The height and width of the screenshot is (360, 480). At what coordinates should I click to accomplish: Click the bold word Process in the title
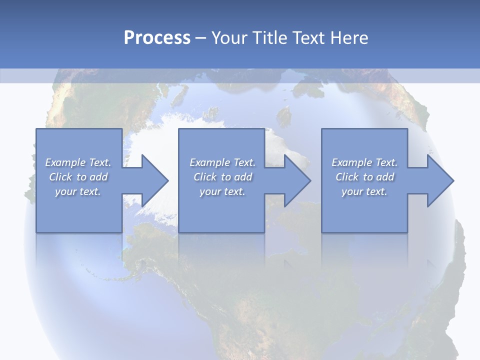157,38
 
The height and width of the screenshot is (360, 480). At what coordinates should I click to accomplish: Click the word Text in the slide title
309,38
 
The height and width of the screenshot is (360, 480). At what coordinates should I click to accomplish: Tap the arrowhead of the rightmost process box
439,180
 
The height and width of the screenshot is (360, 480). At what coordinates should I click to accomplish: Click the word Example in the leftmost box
65,162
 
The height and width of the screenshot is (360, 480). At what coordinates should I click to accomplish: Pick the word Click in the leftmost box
60,177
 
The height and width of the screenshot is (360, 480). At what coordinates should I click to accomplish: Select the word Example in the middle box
209,162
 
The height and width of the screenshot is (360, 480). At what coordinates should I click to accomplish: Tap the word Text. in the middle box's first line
243,162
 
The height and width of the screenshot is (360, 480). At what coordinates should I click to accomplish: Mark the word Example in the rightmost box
351,162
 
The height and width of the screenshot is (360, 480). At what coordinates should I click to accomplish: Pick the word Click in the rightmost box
347,177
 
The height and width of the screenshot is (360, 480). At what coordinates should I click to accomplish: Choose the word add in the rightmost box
385,177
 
